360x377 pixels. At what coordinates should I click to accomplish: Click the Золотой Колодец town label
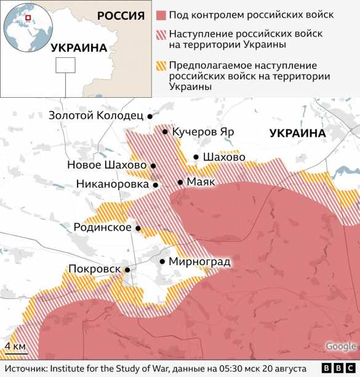tap(96, 115)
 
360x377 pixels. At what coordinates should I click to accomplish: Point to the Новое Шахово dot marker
tap(153, 166)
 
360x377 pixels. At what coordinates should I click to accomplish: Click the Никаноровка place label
tap(113, 184)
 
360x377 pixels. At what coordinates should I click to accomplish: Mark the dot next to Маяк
tap(180, 182)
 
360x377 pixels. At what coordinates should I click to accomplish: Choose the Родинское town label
tap(102, 228)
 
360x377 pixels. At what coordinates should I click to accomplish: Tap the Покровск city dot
tap(127, 269)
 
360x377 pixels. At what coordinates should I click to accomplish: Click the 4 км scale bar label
tap(15, 346)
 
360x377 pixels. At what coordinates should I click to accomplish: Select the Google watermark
tap(341, 346)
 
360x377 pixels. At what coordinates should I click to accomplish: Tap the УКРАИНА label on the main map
tap(297, 133)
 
